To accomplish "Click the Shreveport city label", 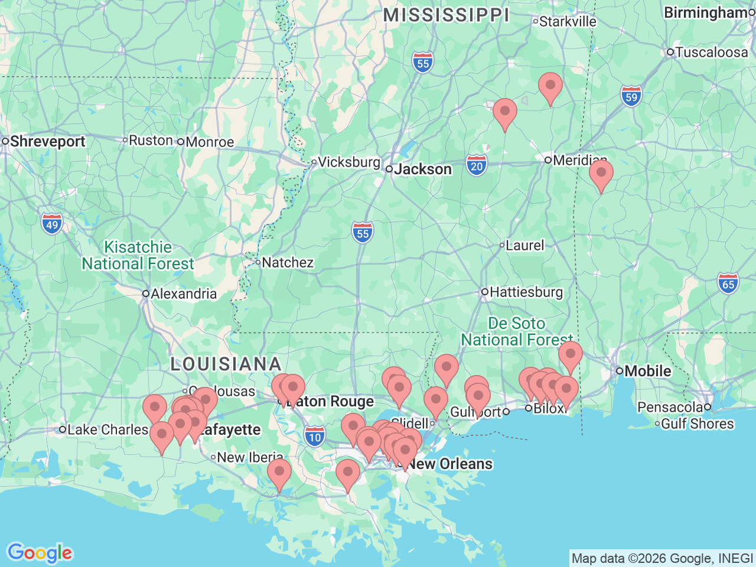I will pyautogui.click(x=47, y=142).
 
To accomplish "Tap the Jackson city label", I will pyautogui.click(x=423, y=170).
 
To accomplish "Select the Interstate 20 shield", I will pyautogui.click(x=477, y=165).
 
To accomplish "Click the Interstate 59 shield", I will pyautogui.click(x=631, y=96).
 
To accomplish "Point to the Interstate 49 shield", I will pyautogui.click(x=52, y=224).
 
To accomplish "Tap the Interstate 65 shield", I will pyautogui.click(x=728, y=283).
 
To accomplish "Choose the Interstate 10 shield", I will pyautogui.click(x=315, y=436).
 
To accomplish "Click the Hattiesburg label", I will pyautogui.click(x=526, y=292).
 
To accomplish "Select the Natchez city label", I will pyautogui.click(x=287, y=262).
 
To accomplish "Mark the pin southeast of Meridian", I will pyautogui.click(x=601, y=174).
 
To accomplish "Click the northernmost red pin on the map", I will pyautogui.click(x=550, y=86).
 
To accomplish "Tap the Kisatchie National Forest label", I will pyautogui.click(x=138, y=255).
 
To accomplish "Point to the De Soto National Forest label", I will pyautogui.click(x=517, y=331).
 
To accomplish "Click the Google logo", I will pyautogui.click(x=40, y=553).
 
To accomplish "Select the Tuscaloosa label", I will pyautogui.click(x=711, y=53).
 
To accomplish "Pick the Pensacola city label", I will pyautogui.click(x=670, y=407).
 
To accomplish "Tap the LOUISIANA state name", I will pyautogui.click(x=226, y=364).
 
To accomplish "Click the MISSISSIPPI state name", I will pyautogui.click(x=446, y=15).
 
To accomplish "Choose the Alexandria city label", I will pyautogui.click(x=183, y=294).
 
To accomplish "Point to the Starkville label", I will pyautogui.click(x=568, y=22).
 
